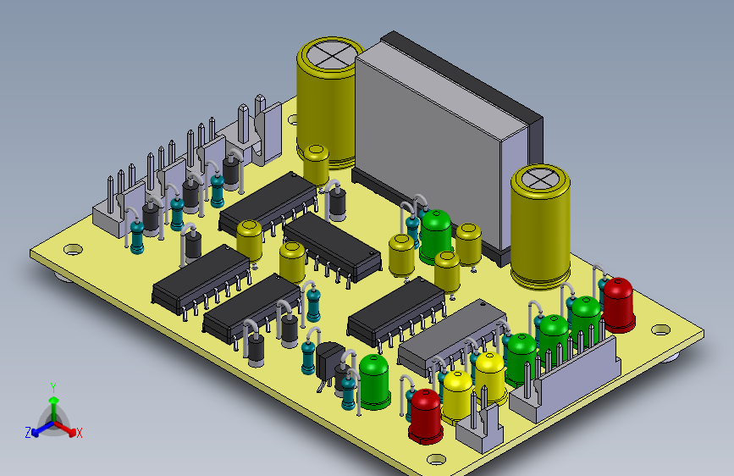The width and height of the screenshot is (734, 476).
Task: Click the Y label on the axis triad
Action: coord(53,387)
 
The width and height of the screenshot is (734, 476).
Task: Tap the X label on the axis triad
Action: coord(79,433)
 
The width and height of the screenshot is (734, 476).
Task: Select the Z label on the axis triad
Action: coord(28,433)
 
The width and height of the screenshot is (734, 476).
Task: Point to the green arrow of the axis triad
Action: coord(54,407)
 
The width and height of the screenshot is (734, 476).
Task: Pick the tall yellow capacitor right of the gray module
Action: coord(541,226)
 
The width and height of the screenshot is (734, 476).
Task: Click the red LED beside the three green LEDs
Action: coord(618,305)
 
